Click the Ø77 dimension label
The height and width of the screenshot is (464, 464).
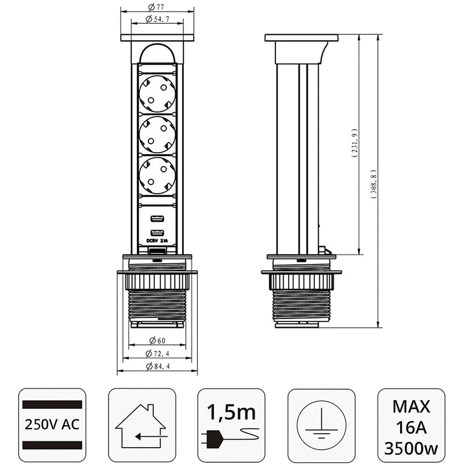click(x=157, y=8)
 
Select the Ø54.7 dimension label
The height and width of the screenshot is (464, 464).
click(x=157, y=20)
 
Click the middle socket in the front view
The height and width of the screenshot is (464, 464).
click(x=157, y=134)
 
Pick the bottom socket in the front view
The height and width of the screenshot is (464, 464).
click(x=157, y=175)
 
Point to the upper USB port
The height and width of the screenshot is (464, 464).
click(x=157, y=219)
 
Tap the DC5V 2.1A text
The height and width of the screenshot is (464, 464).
click(x=157, y=242)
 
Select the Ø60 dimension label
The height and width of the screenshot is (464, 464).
click(x=157, y=341)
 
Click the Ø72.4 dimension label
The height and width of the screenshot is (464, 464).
click(x=157, y=353)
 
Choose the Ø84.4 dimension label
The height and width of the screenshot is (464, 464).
click(x=157, y=366)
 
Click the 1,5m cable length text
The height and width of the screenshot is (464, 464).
click(x=231, y=412)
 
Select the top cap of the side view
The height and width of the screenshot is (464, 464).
click(x=301, y=38)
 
